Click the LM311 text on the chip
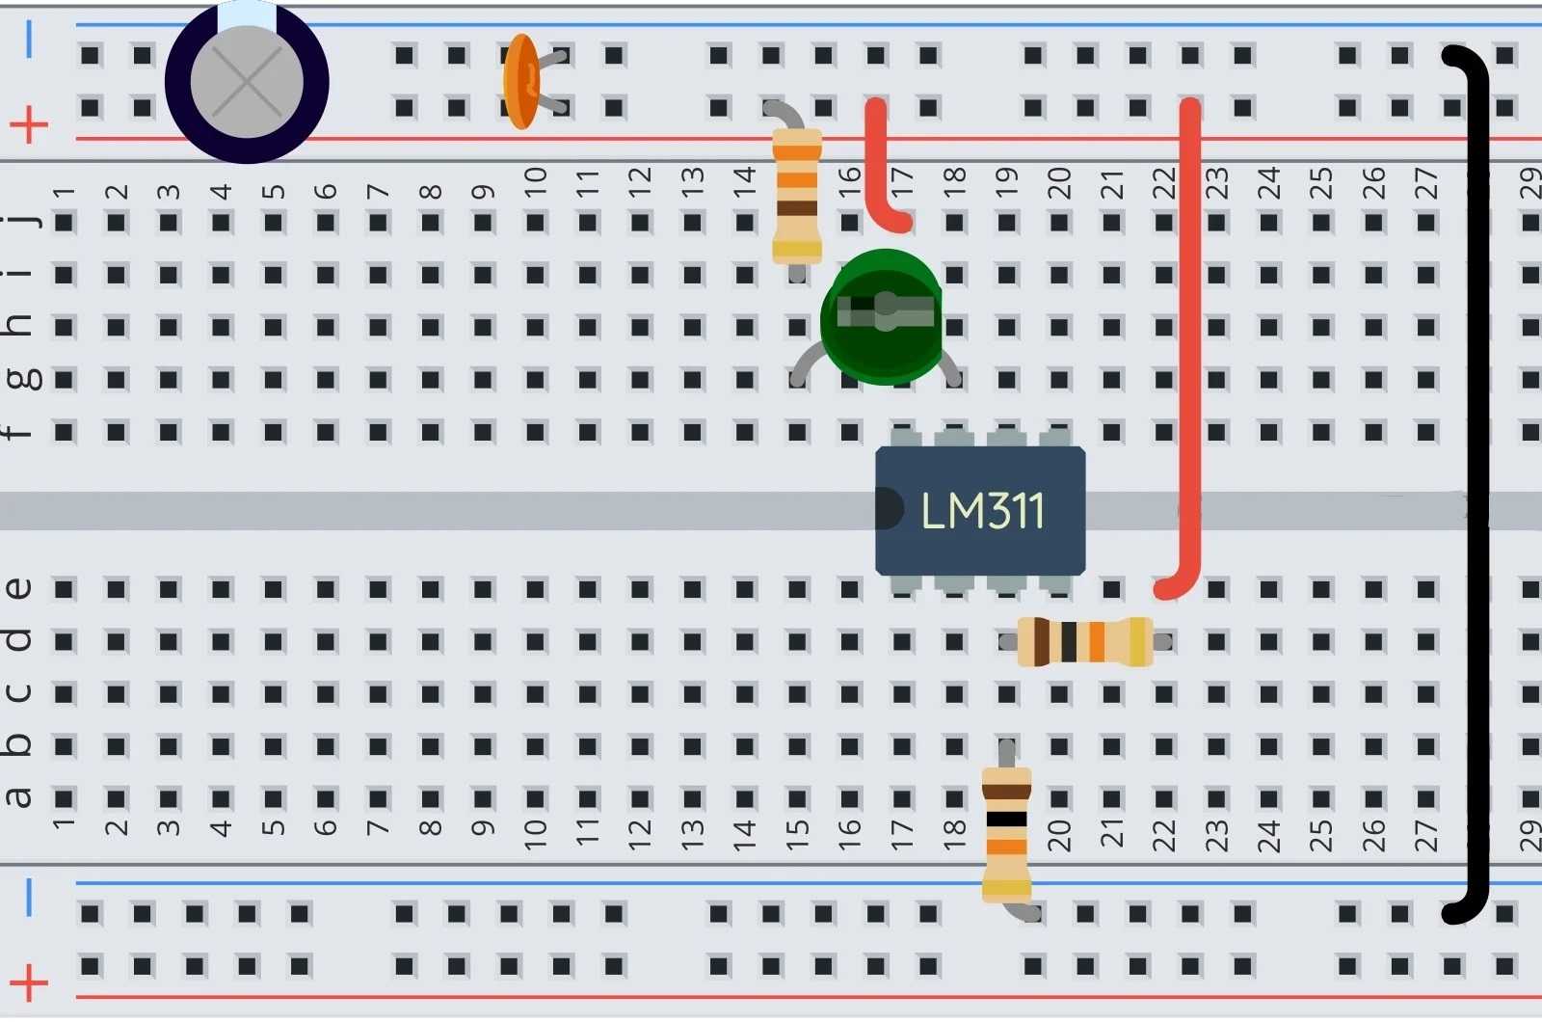click(x=982, y=510)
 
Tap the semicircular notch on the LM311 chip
click(x=889, y=509)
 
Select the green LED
click(x=881, y=316)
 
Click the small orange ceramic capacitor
click(x=520, y=82)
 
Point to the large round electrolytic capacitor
click(x=247, y=82)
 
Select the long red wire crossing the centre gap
click(x=1190, y=347)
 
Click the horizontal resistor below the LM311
click(x=1085, y=642)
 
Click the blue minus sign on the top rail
click(x=29, y=40)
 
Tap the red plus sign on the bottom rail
click(x=29, y=983)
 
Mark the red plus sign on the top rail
click(x=29, y=123)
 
